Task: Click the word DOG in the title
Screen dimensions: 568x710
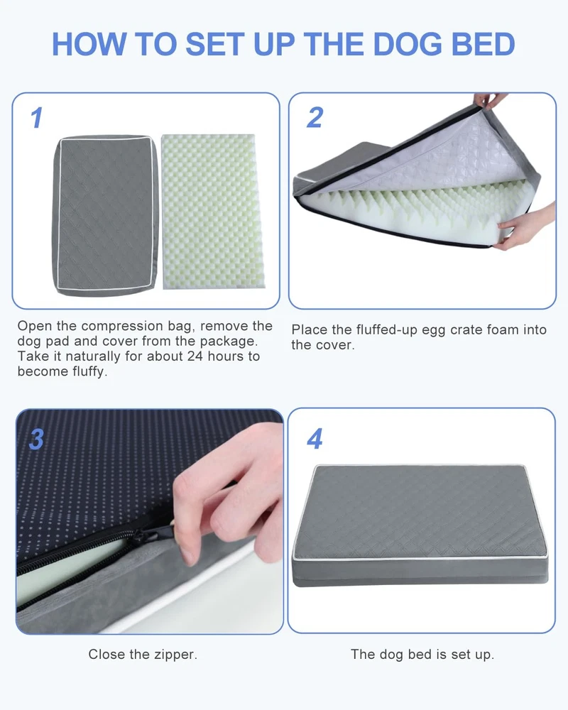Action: tap(408, 44)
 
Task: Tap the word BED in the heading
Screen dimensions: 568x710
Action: tap(484, 44)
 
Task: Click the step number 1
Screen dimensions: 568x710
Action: tap(37, 118)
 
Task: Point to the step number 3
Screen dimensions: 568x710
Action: tap(36, 439)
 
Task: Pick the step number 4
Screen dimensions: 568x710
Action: tap(315, 439)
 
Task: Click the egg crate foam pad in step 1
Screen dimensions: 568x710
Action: tap(213, 212)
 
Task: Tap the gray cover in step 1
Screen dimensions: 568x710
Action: tap(106, 215)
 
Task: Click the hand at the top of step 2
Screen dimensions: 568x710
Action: tap(489, 99)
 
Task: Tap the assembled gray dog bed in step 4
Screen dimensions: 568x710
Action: tap(420, 525)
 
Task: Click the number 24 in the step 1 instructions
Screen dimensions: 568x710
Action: tap(195, 356)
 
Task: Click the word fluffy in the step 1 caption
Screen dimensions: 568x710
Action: tap(89, 372)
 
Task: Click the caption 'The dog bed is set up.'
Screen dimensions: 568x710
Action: tap(422, 655)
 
